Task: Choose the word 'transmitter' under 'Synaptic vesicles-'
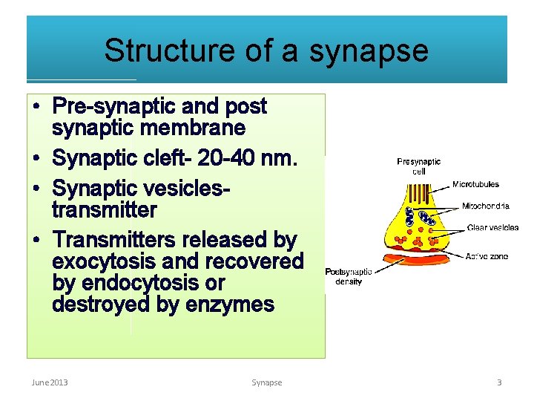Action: point(105,210)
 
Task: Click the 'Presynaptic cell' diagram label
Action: point(418,166)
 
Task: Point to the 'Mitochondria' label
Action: point(485,206)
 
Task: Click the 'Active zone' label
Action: point(487,256)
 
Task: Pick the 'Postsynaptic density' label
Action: point(349,277)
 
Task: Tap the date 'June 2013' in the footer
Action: point(50,382)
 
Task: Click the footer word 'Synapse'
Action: point(266,382)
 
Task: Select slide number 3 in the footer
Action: point(498,382)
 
